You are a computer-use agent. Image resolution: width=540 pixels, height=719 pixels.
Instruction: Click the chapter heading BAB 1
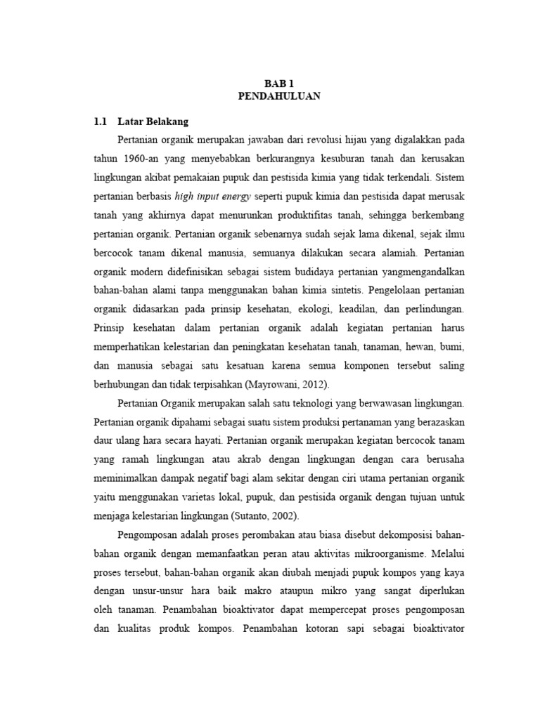click(x=277, y=83)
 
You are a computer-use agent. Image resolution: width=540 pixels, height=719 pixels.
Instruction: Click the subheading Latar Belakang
click(x=153, y=121)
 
